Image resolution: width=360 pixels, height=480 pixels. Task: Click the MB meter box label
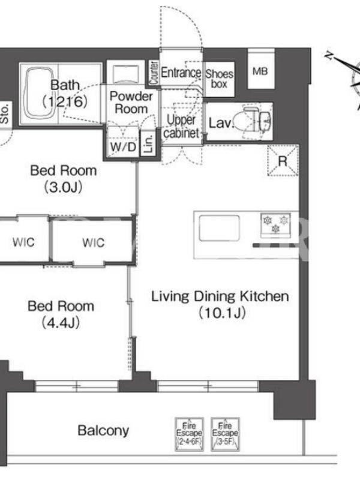click(x=260, y=71)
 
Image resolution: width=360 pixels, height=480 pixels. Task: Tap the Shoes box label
click(x=219, y=79)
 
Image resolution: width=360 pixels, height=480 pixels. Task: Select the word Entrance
click(x=181, y=73)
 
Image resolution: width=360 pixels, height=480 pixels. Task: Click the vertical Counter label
click(x=154, y=73)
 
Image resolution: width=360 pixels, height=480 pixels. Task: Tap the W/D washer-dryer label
click(x=124, y=147)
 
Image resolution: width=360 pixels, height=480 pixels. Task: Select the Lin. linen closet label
click(x=148, y=144)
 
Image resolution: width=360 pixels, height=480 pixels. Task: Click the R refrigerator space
click(x=283, y=161)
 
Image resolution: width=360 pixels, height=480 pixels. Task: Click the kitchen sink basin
click(x=219, y=228)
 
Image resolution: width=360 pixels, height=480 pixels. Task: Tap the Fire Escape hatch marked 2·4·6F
click(x=189, y=434)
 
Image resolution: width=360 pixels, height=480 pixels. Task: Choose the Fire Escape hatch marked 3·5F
click(x=225, y=434)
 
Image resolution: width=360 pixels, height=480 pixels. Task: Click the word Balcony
click(x=103, y=431)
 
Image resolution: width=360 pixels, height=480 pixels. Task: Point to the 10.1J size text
click(x=222, y=313)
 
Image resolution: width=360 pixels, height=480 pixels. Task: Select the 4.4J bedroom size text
click(x=61, y=322)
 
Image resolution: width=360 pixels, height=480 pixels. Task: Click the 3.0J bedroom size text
click(x=63, y=187)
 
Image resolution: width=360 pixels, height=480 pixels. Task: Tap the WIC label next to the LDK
click(x=94, y=243)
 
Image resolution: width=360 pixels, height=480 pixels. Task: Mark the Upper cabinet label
click(x=181, y=127)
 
